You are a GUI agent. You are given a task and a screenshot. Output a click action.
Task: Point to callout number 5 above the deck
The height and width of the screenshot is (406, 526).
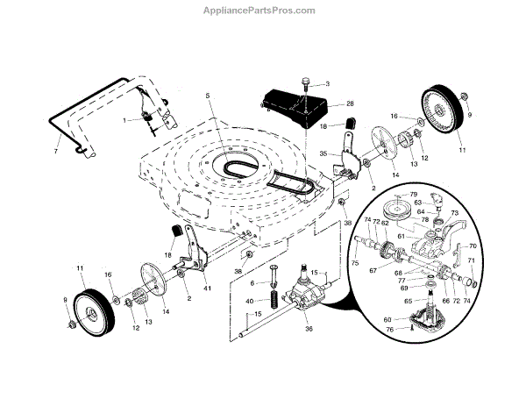coord(208,95)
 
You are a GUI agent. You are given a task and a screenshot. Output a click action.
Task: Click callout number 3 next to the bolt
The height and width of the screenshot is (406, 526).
coord(327,84)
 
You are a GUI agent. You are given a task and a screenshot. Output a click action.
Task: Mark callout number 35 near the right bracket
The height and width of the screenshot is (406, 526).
coord(323,153)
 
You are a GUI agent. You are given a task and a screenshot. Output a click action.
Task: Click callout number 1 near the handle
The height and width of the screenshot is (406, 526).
coord(125,119)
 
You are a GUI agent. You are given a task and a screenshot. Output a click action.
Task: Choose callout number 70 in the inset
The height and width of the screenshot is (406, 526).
coord(473,246)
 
